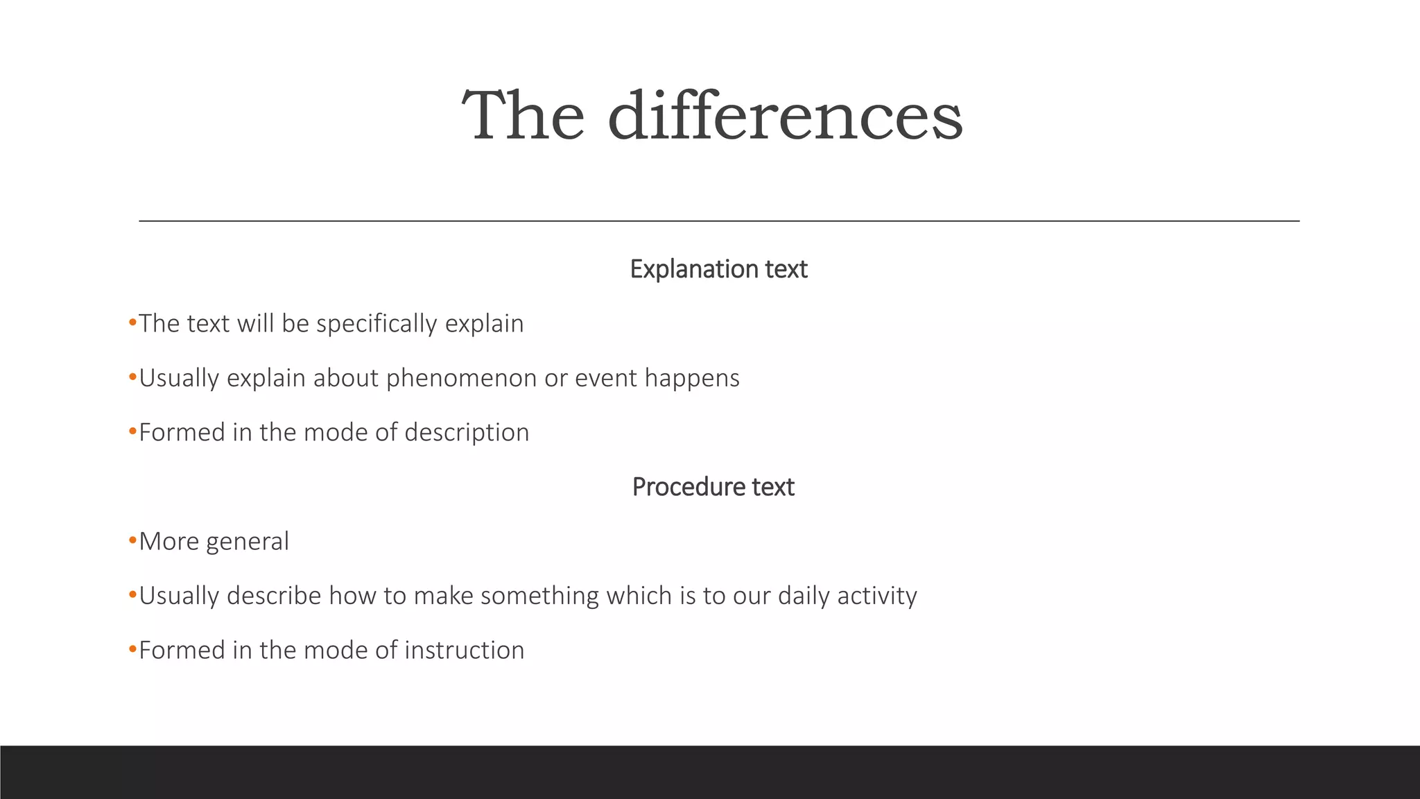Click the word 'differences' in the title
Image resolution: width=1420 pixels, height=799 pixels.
pos(785,116)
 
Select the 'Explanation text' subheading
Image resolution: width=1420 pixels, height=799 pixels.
pos(718,269)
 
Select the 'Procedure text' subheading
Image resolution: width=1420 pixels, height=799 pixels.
pos(713,487)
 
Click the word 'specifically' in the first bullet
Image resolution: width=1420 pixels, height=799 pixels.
pos(376,324)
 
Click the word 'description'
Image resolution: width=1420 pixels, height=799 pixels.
pos(467,433)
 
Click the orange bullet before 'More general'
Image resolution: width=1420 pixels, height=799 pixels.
pos(132,540)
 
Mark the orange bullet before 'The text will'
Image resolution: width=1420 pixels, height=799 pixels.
pos(132,323)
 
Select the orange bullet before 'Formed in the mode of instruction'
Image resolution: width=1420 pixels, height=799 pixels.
pos(132,649)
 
